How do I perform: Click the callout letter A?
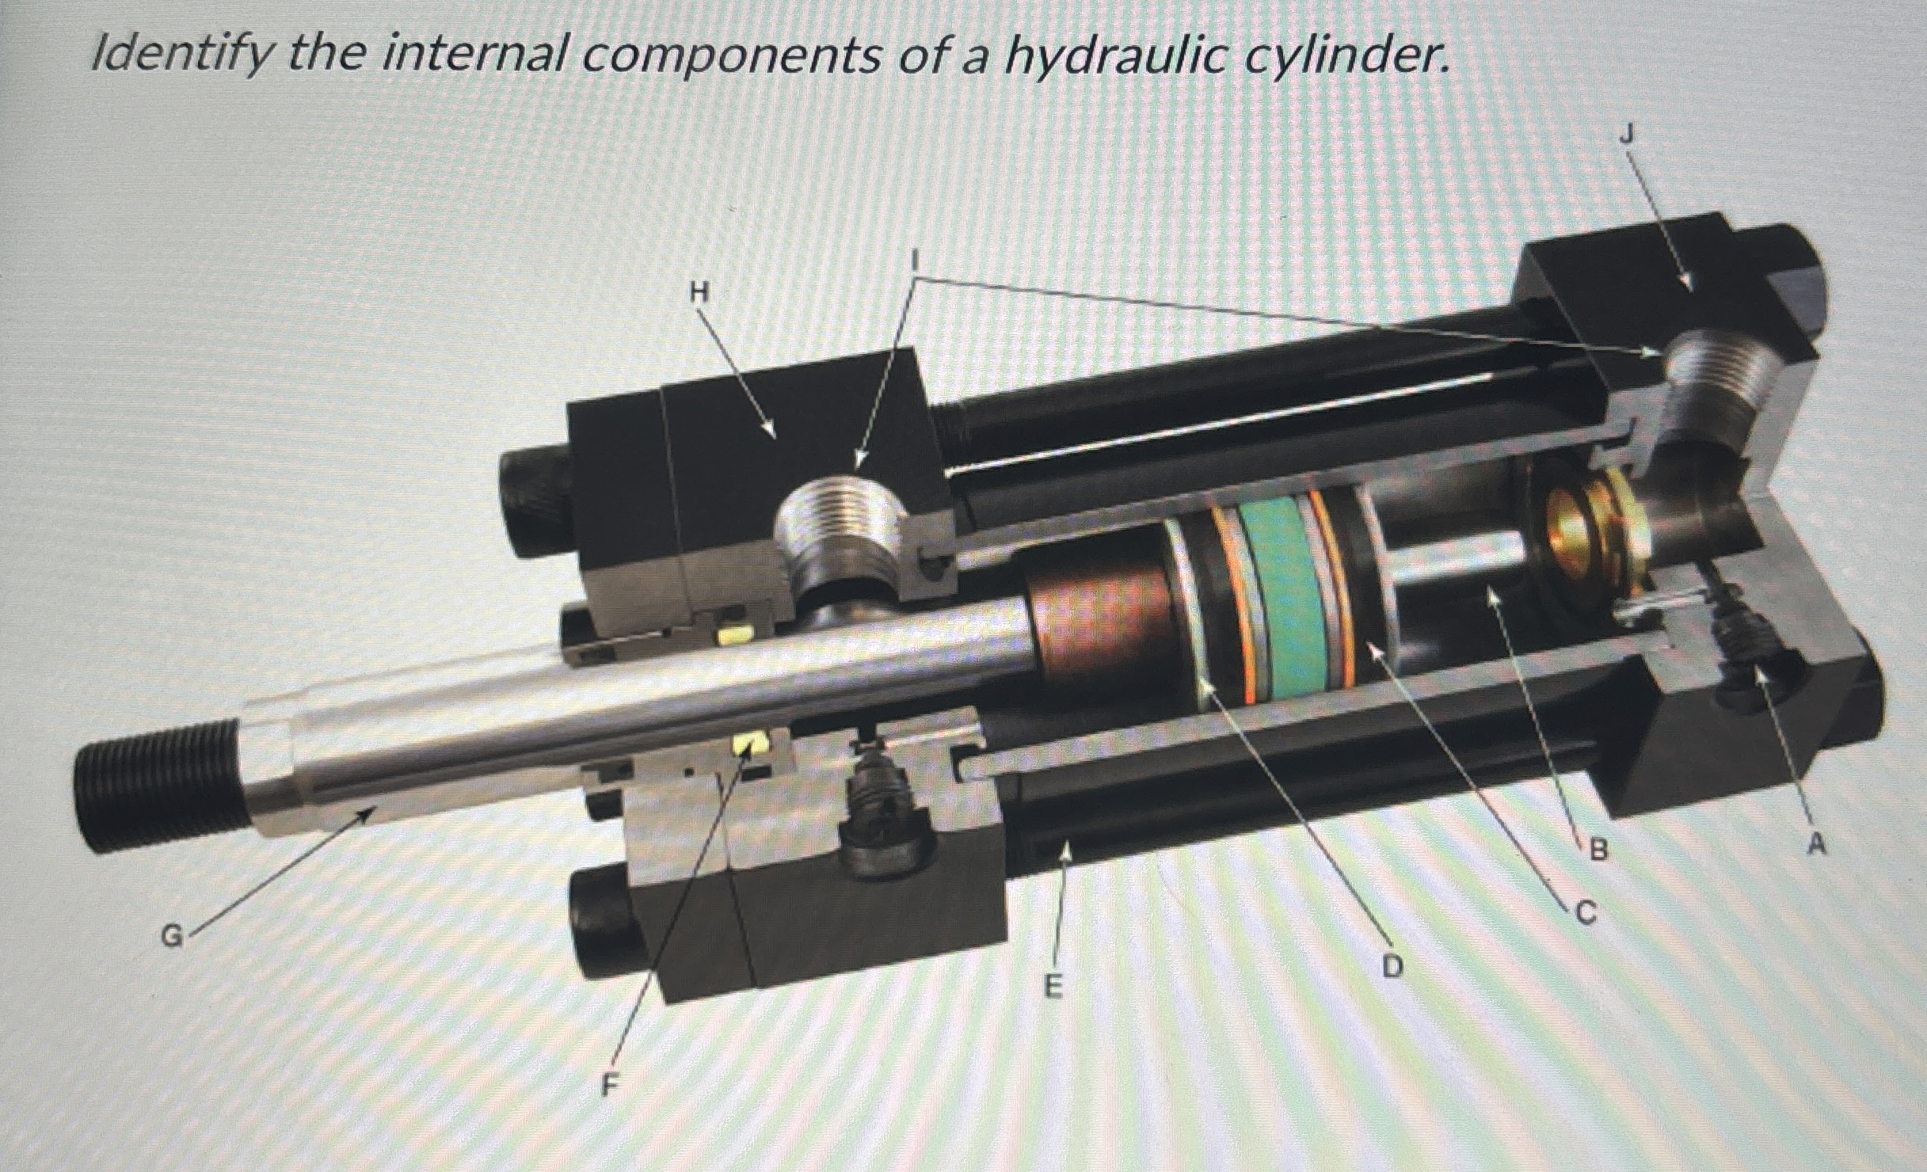pos(1815,845)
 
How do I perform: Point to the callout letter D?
pos(1392,965)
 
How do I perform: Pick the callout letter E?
pos(1052,986)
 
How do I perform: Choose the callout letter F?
pos(607,1085)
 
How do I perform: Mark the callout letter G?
pos(171,937)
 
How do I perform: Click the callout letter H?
pos(698,293)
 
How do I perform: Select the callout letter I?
pos(916,259)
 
